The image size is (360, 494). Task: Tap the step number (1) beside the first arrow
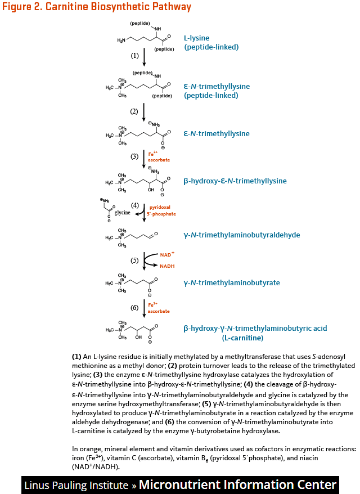click(x=134, y=56)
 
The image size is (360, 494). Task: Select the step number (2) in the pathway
click(x=134, y=111)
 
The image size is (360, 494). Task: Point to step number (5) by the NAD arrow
click(x=134, y=261)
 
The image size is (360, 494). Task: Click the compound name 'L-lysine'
click(x=197, y=38)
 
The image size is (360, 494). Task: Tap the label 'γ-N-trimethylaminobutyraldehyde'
click(x=241, y=235)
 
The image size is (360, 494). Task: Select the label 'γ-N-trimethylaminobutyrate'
click(x=231, y=282)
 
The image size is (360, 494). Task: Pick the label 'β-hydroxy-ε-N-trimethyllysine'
click(x=235, y=181)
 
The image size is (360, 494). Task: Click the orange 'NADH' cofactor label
click(x=167, y=266)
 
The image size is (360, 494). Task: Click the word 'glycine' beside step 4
click(x=123, y=213)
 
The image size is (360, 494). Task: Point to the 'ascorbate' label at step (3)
click(x=159, y=160)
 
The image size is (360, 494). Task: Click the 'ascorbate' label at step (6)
click(x=159, y=311)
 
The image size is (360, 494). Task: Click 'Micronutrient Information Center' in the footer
click(x=237, y=484)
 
